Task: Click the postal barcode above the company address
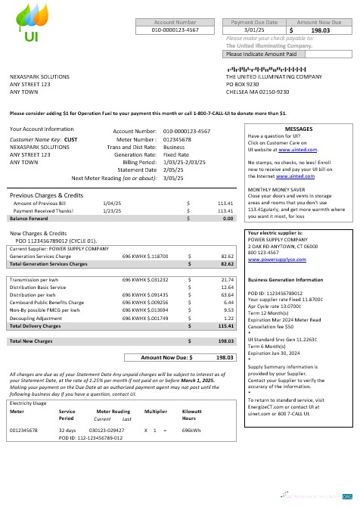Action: [x=280, y=70]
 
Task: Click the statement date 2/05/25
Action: [x=174, y=170]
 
